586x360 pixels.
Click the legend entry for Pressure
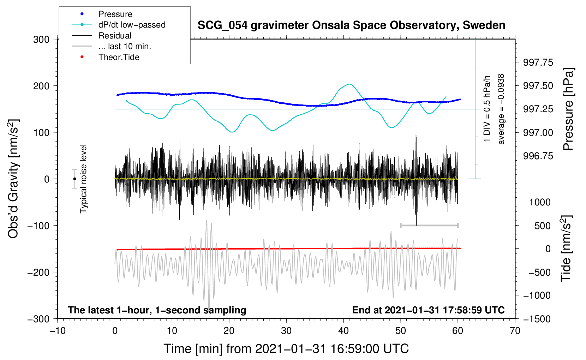click(x=102, y=14)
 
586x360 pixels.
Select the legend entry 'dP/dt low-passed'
click(x=119, y=25)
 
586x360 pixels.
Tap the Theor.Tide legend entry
click(x=106, y=57)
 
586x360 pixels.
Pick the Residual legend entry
click(x=102, y=36)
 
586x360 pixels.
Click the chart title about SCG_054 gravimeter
click(x=351, y=25)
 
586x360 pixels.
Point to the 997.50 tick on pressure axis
click(x=538, y=86)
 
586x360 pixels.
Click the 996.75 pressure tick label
click(x=538, y=156)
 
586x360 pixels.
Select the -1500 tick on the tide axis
click(x=537, y=319)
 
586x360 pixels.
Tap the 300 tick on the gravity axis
click(x=41, y=40)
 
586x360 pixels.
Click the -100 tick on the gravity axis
click(x=38, y=226)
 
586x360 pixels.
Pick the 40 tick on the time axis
click(x=343, y=331)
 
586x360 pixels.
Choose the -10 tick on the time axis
click(x=58, y=331)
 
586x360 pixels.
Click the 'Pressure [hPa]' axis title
click(x=568, y=109)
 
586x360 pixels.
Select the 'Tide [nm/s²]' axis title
click(x=566, y=248)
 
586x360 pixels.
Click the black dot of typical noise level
click(x=74, y=179)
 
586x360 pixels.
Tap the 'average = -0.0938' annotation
click(x=501, y=109)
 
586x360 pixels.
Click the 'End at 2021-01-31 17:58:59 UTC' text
click(x=428, y=310)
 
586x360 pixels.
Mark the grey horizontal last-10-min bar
click(x=429, y=225)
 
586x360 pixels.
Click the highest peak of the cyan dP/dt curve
click(x=349, y=84)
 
